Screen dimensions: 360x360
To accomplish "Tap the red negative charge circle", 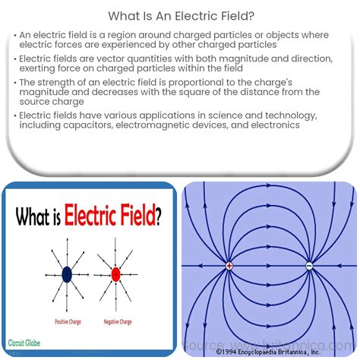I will click(115, 273).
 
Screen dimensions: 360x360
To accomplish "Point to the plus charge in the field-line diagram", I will click(229, 266).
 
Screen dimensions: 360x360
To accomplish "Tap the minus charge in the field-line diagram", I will click(309, 266).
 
